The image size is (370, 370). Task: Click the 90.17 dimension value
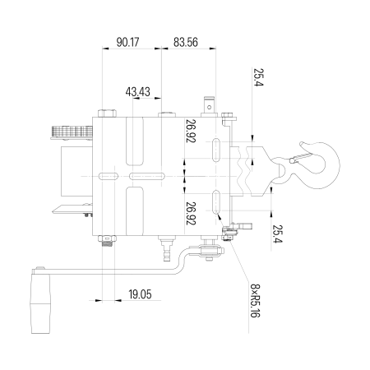point(127,42)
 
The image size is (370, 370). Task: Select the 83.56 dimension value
point(186,42)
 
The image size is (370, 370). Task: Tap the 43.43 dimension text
point(138,92)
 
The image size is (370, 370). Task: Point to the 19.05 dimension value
point(140,294)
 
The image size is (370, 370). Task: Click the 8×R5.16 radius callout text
point(255,300)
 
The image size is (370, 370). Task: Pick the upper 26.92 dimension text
point(191,131)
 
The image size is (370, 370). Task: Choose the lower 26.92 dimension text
point(191,214)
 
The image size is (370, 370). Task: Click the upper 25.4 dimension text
point(258,77)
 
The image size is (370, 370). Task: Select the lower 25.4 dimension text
point(277,234)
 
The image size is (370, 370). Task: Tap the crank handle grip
point(40,303)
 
